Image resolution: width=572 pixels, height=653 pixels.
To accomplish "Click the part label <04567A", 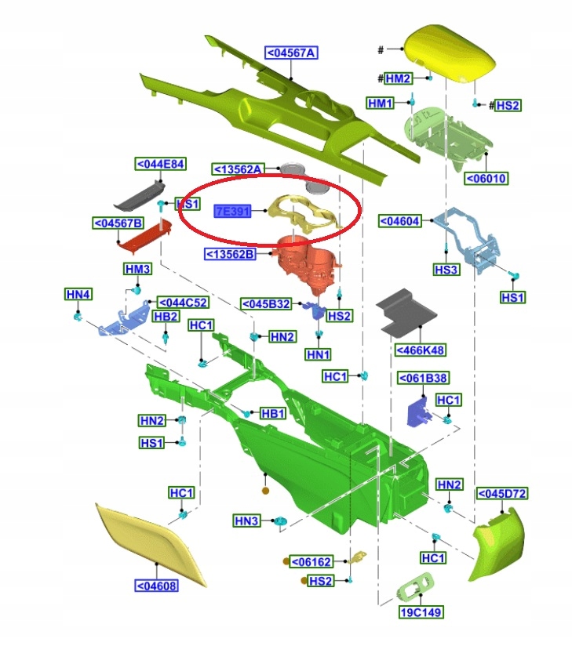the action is pyautogui.click(x=291, y=53).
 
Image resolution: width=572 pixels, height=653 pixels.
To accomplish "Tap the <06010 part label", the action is pyautogui.click(x=486, y=178).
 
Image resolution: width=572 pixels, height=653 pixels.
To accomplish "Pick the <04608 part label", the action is pyautogui.click(x=156, y=586).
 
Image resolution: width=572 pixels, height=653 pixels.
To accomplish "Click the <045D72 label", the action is pyautogui.click(x=502, y=493).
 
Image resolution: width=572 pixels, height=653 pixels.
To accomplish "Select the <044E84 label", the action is pyautogui.click(x=160, y=164).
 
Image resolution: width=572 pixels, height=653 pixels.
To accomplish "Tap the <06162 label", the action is pyautogui.click(x=312, y=561).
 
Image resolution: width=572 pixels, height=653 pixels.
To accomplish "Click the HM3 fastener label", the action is pyautogui.click(x=137, y=270).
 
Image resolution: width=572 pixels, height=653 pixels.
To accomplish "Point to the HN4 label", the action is pyautogui.click(x=78, y=294).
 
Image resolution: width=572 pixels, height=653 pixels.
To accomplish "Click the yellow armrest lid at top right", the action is pyautogui.click(x=446, y=50).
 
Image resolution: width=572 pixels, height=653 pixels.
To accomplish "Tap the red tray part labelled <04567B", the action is pyautogui.click(x=144, y=238).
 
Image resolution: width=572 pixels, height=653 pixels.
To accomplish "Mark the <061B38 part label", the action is pyautogui.click(x=423, y=379).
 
